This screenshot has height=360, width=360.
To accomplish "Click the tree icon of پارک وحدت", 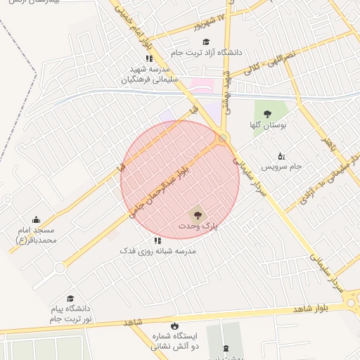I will coord(197,214).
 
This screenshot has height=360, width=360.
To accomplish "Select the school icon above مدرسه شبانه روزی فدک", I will coord(157,240).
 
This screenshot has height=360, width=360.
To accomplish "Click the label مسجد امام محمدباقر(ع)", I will coord(36,235).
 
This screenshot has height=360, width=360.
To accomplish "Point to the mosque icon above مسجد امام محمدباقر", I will coord(36,220).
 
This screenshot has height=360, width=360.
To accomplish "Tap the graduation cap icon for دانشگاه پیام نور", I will coord(70,299).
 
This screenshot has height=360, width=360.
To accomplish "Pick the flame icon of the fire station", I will coord(155,347).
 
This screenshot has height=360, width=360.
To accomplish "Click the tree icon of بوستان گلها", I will coord(267,114).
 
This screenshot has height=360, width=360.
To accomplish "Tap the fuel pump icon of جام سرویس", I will coord(281,155).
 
